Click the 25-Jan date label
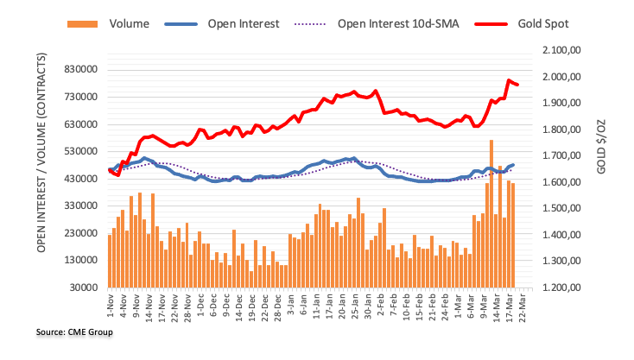(x=353, y=307)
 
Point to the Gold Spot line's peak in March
(x=509, y=80)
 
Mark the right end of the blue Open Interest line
(x=513, y=165)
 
